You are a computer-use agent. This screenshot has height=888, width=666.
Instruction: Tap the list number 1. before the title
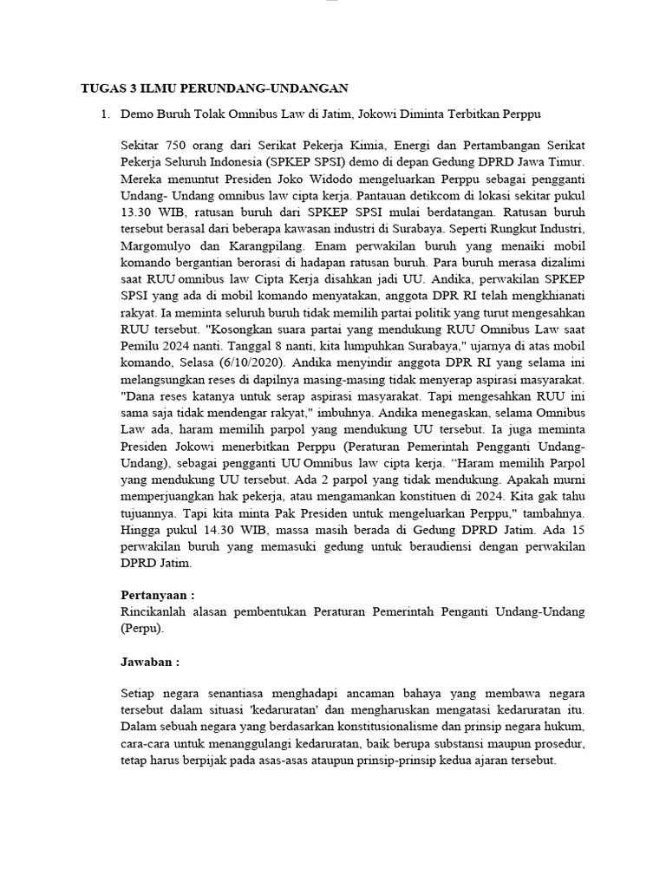pyautogui.click(x=105, y=114)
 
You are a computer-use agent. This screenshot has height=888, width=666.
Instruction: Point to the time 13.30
pyautogui.click(x=137, y=212)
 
